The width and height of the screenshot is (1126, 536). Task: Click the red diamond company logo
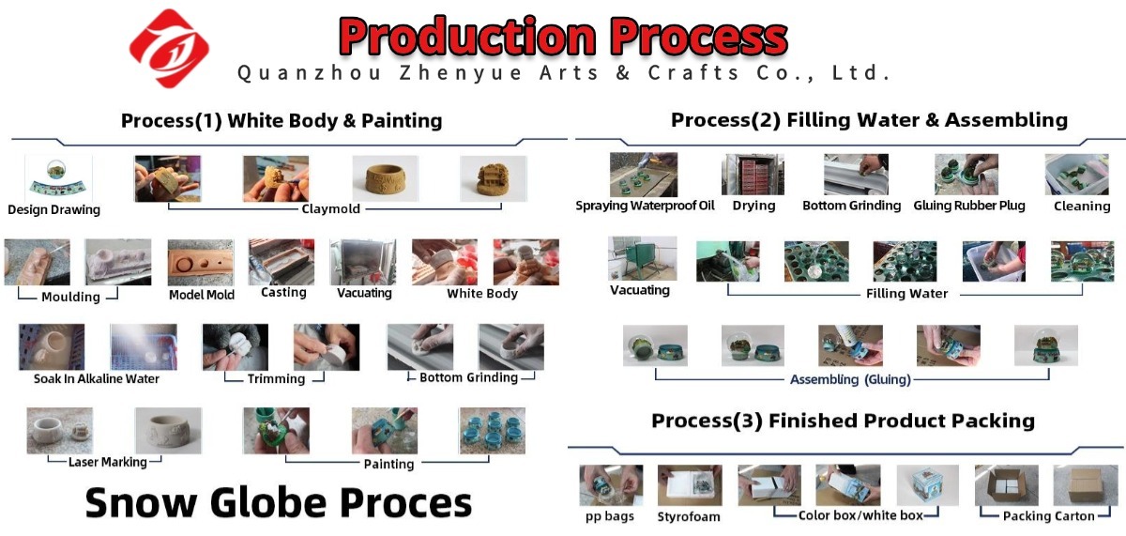pyautogui.click(x=170, y=48)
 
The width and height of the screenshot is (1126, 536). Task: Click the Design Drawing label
pyautogui.click(x=53, y=209)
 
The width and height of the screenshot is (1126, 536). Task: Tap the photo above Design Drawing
pyautogui.click(x=58, y=177)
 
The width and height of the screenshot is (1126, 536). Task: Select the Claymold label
pyautogui.click(x=330, y=208)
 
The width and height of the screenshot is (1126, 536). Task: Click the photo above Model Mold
pyautogui.click(x=200, y=262)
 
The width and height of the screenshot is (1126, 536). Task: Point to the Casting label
pyautogui.click(x=283, y=293)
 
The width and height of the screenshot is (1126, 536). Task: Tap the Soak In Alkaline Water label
pyautogui.click(x=97, y=378)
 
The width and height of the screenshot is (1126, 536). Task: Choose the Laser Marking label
pyautogui.click(x=108, y=462)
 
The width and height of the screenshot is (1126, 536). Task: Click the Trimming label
pyautogui.click(x=276, y=378)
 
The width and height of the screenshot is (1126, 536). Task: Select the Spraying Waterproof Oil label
pyautogui.click(x=645, y=206)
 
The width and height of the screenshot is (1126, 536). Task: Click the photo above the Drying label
pyautogui.click(x=753, y=175)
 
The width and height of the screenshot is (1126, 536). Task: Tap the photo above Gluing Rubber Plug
pyautogui.click(x=966, y=175)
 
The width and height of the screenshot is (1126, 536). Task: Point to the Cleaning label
pyautogui.click(x=1082, y=207)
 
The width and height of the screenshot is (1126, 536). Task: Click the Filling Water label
pyautogui.click(x=906, y=293)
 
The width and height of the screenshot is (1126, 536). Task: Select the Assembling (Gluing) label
pyautogui.click(x=850, y=379)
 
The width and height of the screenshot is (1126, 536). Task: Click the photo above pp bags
pyautogui.click(x=611, y=485)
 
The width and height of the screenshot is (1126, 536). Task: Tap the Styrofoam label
pyautogui.click(x=689, y=516)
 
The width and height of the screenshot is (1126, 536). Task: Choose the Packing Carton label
pyautogui.click(x=1049, y=516)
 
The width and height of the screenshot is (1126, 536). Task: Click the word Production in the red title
pyautogui.click(x=468, y=37)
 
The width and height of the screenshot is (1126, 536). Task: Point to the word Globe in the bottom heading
pyautogui.click(x=268, y=502)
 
